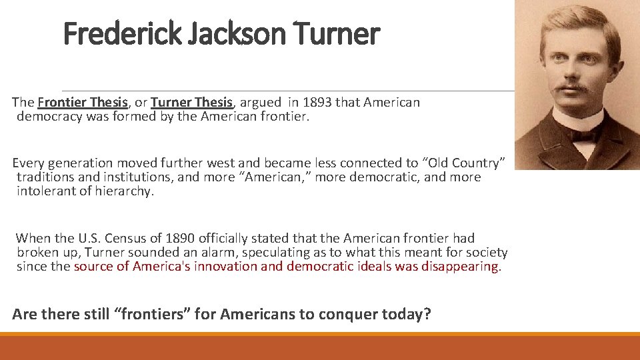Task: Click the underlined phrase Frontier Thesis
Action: (83, 103)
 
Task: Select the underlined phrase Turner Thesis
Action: (192, 103)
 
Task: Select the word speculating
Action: (275, 253)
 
